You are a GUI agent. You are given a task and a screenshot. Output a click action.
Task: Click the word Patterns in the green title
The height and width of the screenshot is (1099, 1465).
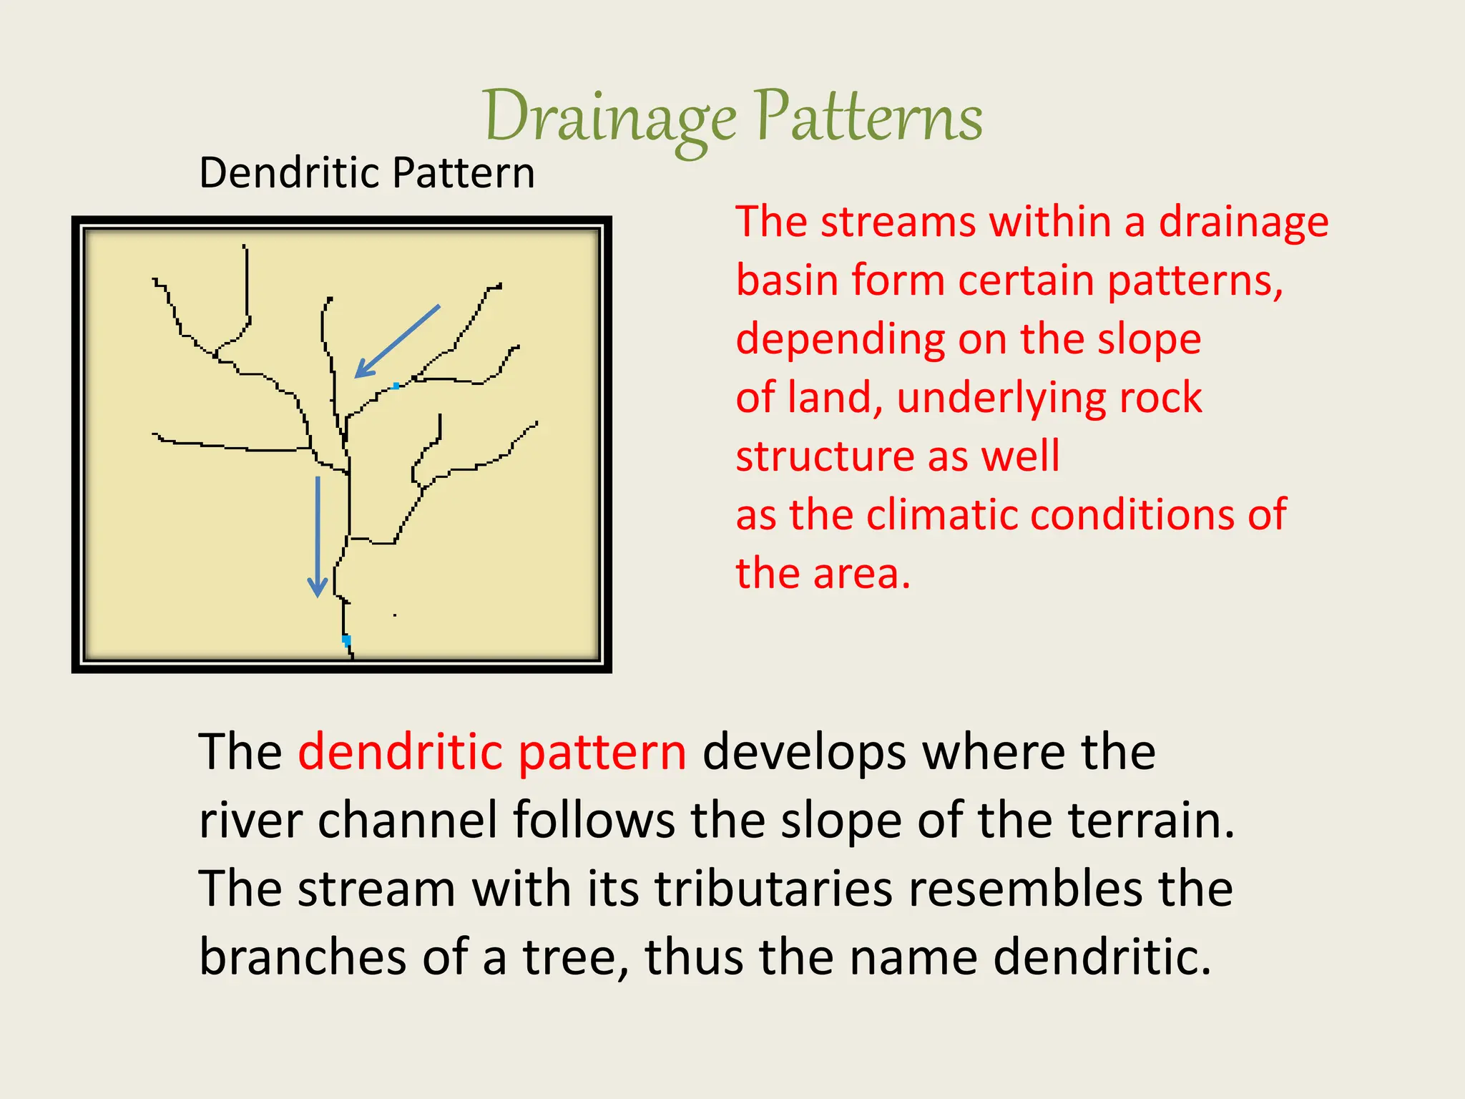point(868,117)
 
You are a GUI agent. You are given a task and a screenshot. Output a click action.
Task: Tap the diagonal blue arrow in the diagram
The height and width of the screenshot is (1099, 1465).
point(398,341)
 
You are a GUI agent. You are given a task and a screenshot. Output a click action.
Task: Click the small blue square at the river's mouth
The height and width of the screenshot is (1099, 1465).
point(346,639)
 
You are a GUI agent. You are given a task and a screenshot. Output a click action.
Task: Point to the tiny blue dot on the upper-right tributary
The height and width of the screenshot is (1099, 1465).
point(396,386)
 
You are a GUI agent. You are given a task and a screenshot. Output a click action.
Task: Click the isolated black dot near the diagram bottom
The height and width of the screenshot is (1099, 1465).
point(395,615)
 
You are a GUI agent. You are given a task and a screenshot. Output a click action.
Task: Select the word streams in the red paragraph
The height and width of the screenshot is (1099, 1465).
point(898,222)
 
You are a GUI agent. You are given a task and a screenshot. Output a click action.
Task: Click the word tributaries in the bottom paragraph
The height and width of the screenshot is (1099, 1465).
point(774,889)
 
